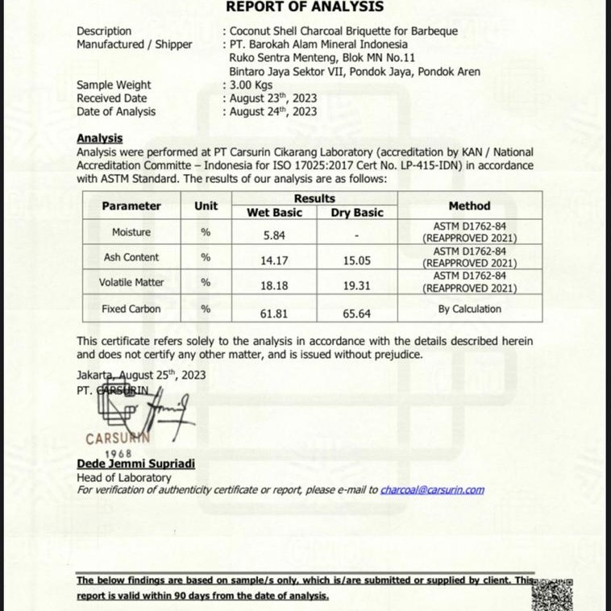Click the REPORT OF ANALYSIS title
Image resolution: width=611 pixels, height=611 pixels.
[x=305, y=7]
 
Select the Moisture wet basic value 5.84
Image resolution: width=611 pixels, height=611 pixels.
[x=274, y=235]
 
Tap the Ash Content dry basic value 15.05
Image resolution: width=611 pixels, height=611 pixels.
[x=356, y=260]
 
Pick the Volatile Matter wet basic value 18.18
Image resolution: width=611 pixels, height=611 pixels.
[x=274, y=285]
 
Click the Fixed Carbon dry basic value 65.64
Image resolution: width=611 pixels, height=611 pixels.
[x=356, y=312]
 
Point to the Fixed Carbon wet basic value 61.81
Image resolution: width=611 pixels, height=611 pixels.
[x=274, y=312]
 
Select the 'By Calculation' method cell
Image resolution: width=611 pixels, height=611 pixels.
[x=469, y=309]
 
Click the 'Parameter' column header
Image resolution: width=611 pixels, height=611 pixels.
[x=131, y=206]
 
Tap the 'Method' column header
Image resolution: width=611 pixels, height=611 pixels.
[x=469, y=206]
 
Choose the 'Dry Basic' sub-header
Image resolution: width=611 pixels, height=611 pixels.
[x=356, y=213]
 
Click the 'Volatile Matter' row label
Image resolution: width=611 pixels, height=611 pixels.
[x=131, y=283]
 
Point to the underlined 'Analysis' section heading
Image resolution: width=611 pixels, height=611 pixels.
[x=99, y=139]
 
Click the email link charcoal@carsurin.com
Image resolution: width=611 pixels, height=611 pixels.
[x=432, y=489]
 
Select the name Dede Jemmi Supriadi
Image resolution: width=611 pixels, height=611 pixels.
[x=135, y=464]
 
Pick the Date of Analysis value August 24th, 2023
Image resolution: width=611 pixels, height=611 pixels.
[x=273, y=112]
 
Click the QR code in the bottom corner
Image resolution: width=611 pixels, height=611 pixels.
[x=553, y=596]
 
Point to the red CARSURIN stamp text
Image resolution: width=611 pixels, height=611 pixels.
[x=118, y=439]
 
